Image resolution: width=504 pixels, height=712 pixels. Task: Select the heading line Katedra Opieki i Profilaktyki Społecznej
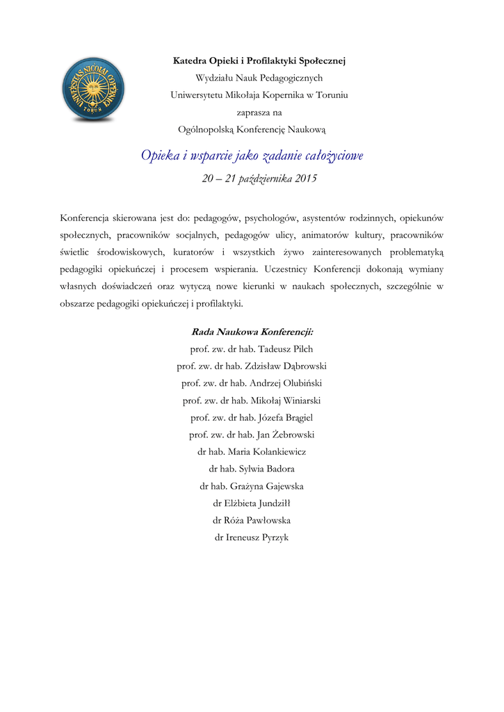(x=259, y=61)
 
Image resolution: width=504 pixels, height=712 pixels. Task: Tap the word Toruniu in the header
(x=332, y=95)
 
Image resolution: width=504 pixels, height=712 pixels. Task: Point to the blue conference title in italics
(x=252, y=156)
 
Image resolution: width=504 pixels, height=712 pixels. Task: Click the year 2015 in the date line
(x=305, y=179)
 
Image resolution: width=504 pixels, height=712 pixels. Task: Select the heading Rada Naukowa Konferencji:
(x=252, y=332)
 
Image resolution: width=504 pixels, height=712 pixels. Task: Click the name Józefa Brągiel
(x=285, y=417)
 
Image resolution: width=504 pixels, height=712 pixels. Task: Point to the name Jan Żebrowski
(x=285, y=435)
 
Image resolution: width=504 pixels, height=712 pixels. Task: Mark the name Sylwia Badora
(x=266, y=469)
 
